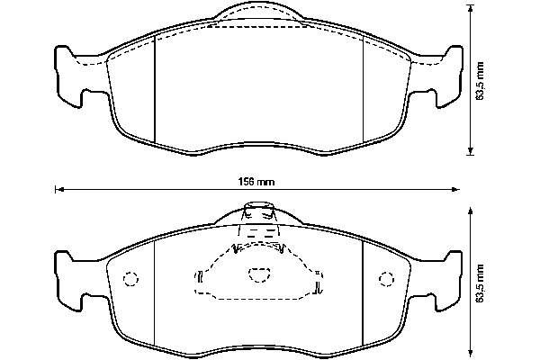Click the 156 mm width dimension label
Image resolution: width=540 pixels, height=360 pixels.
[x=256, y=182]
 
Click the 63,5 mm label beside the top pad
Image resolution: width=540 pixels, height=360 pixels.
[x=480, y=81]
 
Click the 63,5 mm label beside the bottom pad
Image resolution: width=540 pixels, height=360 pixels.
[x=480, y=283]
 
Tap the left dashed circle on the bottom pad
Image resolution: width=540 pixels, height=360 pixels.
[x=130, y=279]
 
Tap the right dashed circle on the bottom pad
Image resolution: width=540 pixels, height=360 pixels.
[x=386, y=279]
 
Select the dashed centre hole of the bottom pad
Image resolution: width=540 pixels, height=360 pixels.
[x=259, y=274]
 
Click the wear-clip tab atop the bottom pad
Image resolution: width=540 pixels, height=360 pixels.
[x=259, y=210]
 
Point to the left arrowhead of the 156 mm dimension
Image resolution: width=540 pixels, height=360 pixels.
[x=59, y=189]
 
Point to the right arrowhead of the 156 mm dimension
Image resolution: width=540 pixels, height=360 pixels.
[x=455, y=189]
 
